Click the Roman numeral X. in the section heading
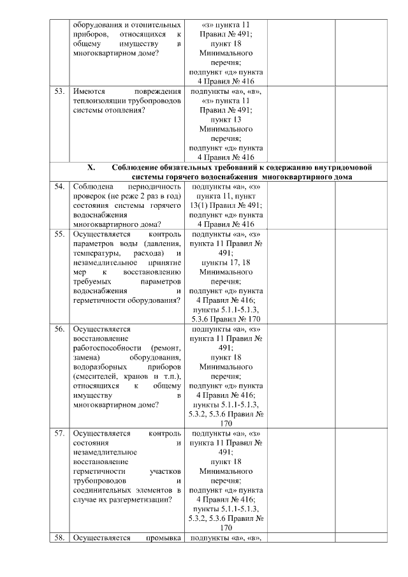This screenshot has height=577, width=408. [91, 168]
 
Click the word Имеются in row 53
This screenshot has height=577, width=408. [88, 91]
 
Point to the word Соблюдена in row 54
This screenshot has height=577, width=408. [93, 186]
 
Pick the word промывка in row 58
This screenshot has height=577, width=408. [164, 537]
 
